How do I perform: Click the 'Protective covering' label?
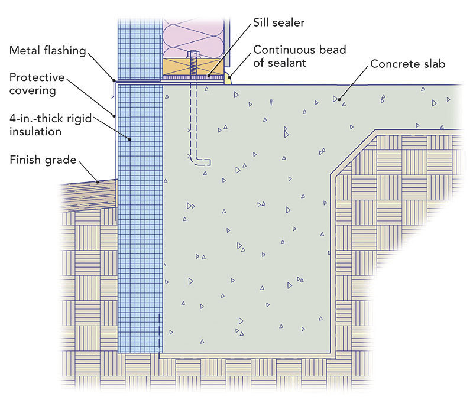pos(37,84)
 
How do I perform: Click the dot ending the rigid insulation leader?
pos(131,138)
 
